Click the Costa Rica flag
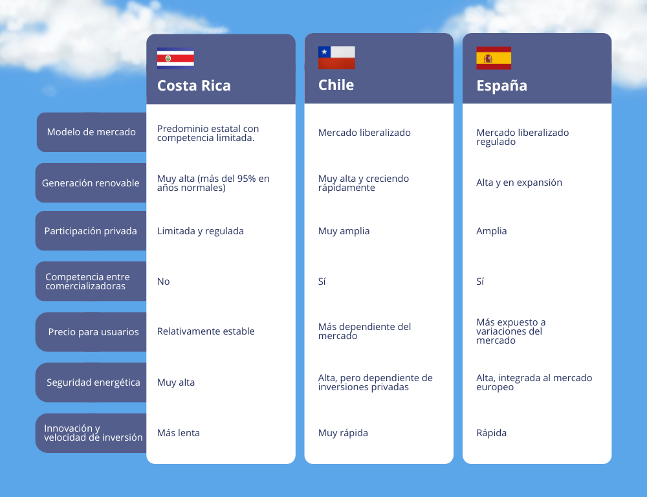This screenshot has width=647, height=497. click(175, 58)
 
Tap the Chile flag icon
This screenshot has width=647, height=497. click(336, 58)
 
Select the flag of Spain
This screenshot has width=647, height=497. click(494, 58)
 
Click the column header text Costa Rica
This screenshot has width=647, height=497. click(194, 85)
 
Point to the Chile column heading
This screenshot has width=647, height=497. click(336, 85)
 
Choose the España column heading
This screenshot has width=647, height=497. click(502, 85)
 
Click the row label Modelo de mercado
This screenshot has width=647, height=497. click(91, 131)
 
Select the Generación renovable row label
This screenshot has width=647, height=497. click(91, 183)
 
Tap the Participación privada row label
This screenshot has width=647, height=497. click(91, 231)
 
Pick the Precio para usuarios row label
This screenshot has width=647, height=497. click(93, 332)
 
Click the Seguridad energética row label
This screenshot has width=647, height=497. click(93, 382)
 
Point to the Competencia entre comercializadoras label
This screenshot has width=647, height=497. click(87, 281)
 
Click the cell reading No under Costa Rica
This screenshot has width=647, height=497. click(164, 282)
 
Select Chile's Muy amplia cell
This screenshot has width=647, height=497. click(344, 231)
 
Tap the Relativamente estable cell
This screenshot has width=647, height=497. click(206, 331)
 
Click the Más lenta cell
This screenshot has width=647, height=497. click(179, 432)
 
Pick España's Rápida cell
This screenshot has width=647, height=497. click(491, 432)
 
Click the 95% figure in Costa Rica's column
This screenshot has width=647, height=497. click(246, 179)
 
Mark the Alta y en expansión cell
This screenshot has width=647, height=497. click(519, 182)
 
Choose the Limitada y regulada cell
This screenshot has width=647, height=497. click(200, 231)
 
